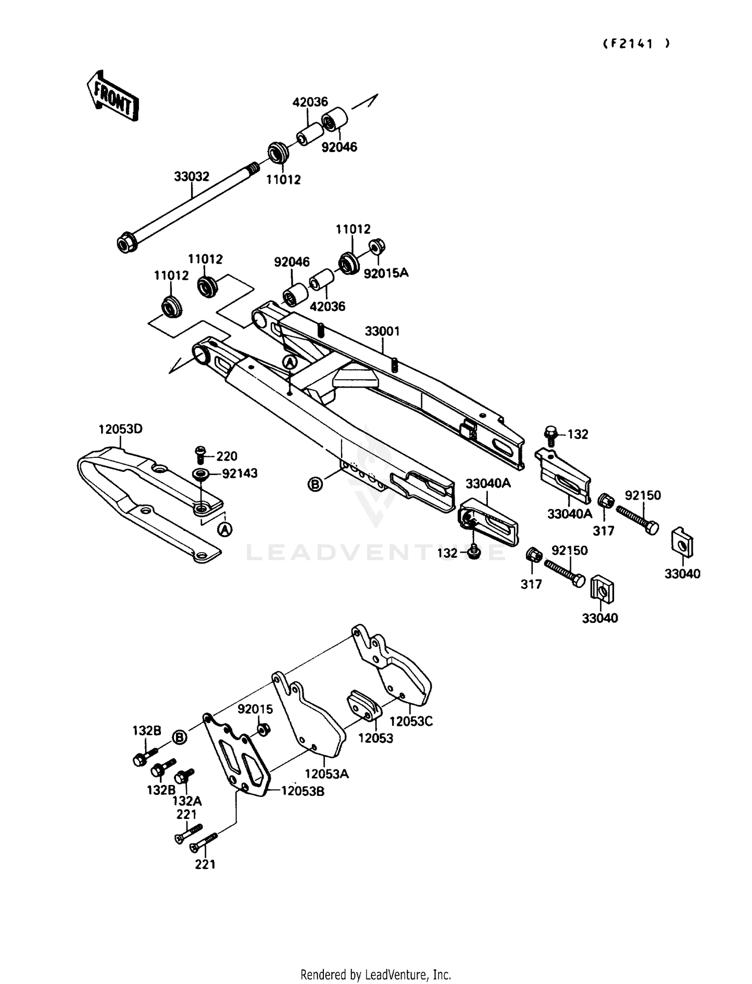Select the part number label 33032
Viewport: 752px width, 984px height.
pyautogui.click(x=192, y=177)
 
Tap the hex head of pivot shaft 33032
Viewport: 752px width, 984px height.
pyautogui.click(x=125, y=244)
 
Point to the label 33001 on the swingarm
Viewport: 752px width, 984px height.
pyautogui.click(x=382, y=332)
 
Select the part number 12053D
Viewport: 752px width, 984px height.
pyautogui.click(x=120, y=429)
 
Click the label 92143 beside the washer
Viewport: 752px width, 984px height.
pyautogui.click(x=240, y=473)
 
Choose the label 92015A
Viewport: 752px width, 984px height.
pyautogui.click(x=386, y=273)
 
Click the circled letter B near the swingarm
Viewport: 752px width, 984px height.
pyautogui.click(x=315, y=484)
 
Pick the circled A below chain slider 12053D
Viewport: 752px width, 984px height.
pyautogui.click(x=225, y=529)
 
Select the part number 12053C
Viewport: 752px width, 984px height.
pyautogui.click(x=411, y=721)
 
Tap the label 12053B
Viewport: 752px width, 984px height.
pyautogui.click(x=302, y=791)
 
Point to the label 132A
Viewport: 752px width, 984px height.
pyautogui.click(x=186, y=801)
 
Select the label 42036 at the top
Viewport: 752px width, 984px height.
pyautogui.click(x=310, y=102)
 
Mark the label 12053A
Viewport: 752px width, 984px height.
pyautogui.click(x=326, y=774)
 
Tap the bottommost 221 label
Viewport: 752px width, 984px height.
pyautogui.click(x=205, y=864)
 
